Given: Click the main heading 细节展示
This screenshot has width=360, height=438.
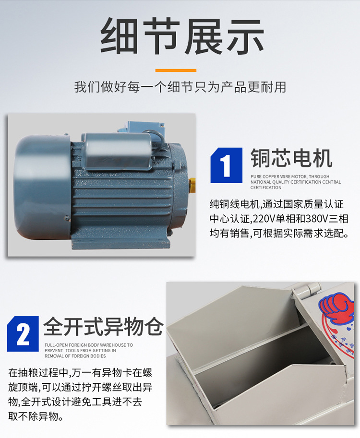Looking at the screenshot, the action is coord(182,36).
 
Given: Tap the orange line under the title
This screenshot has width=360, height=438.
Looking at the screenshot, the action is coord(176,71).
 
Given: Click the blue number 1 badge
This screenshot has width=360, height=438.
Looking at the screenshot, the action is coord(227,166).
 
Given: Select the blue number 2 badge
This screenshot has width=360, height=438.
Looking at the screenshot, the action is coord(23,333).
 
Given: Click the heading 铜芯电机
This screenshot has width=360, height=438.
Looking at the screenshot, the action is coord(291,158).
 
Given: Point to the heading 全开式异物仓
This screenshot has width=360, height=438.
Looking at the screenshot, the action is coord(103,326).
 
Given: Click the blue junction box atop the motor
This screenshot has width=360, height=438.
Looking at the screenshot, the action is coord(141,128).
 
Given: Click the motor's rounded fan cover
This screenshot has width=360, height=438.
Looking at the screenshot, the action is coord(42,187).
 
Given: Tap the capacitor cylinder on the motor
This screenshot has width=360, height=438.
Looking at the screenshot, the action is coord(119,151).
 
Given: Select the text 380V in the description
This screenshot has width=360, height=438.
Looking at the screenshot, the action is coord(317,219).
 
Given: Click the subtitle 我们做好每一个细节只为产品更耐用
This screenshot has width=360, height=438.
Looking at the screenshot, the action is coord(180,87).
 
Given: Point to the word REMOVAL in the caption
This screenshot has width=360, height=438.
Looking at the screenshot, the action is coord(54,356).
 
